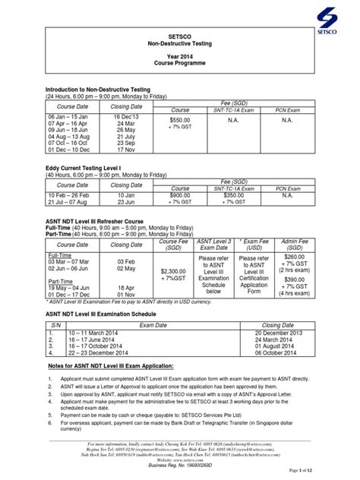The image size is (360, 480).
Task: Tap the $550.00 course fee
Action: [x=180, y=121]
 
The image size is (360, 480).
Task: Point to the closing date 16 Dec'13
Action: [x=127, y=116]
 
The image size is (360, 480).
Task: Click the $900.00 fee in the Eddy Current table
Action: [x=180, y=195]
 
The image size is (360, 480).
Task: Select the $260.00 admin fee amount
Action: [x=292, y=257]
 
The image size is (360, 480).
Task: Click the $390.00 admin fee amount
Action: [x=292, y=280]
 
